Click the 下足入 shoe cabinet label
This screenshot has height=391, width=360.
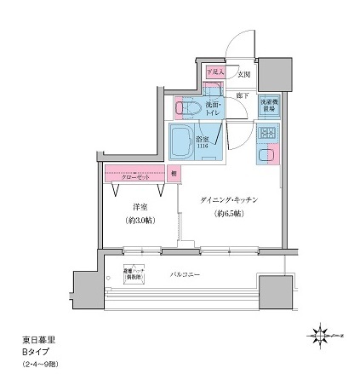point(214,73)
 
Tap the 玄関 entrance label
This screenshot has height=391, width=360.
point(243,73)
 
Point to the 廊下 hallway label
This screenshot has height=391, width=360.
point(243,95)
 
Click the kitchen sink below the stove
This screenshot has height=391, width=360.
point(267,159)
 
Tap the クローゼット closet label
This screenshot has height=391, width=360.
point(134,176)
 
